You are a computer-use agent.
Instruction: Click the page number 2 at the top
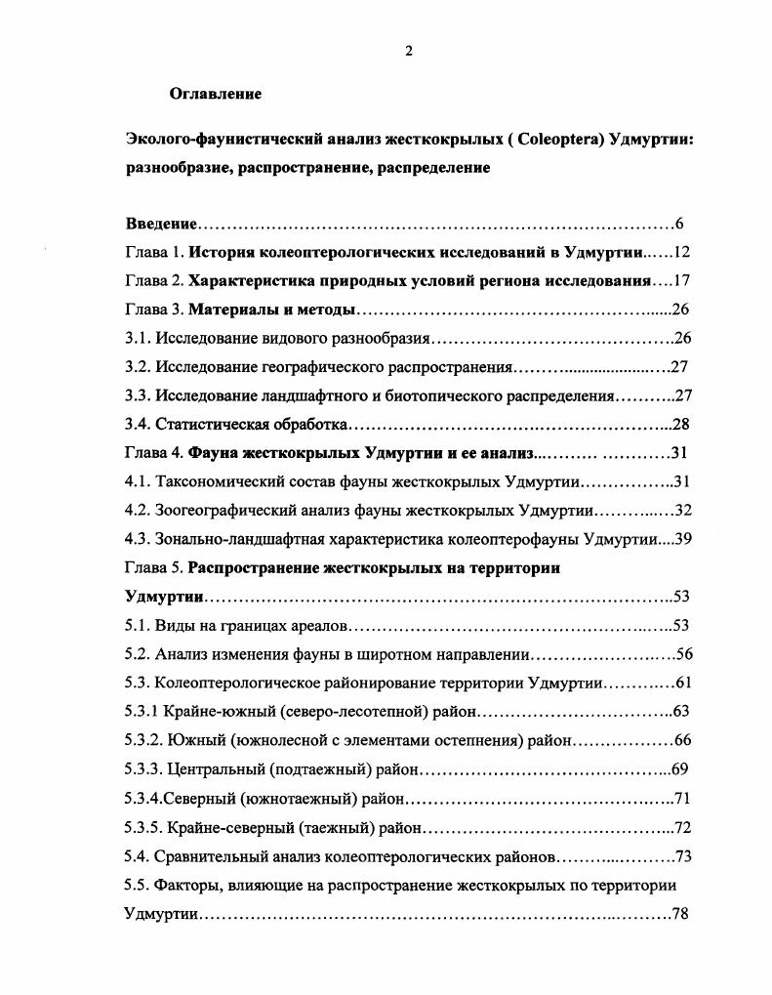pos(408,52)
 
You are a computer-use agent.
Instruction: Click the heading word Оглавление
pos(215,95)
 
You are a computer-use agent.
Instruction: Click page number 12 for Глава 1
pos(680,253)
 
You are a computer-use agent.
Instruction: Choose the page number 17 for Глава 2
pos(680,281)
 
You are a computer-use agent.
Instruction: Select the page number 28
pos(680,425)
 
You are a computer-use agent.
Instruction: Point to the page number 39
pos(680,539)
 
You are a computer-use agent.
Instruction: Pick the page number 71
pos(681,799)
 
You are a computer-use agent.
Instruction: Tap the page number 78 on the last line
pos(680,915)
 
